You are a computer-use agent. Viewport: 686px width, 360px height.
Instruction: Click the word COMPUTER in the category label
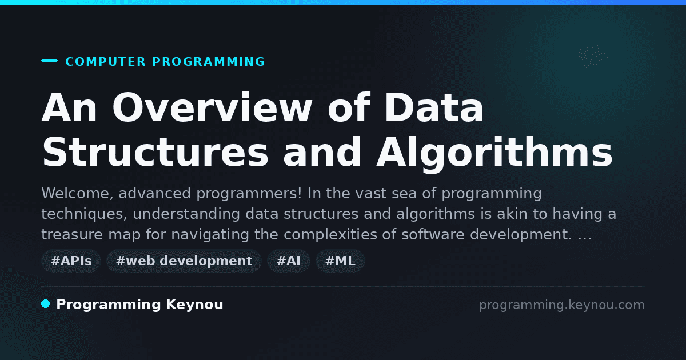(x=105, y=62)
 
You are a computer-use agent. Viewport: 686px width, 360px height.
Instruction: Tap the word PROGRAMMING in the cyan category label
(x=208, y=62)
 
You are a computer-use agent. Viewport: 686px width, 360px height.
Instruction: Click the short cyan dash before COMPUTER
(x=49, y=61)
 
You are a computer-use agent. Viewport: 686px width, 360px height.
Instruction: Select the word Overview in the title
(x=212, y=108)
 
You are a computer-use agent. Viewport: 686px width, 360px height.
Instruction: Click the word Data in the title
(x=434, y=108)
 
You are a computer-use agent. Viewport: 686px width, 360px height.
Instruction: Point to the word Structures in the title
(x=155, y=152)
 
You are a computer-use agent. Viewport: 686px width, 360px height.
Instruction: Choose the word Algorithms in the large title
(x=494, y=153)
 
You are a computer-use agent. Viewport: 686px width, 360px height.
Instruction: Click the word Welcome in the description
(x=78, y=194)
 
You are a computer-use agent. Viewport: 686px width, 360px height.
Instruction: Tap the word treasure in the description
(x=72, y=235)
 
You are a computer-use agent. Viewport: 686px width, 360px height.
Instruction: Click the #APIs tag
(x=71, y=261)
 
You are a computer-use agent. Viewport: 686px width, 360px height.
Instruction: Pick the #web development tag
(x=184, y=261)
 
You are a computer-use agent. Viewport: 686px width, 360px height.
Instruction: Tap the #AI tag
(x=289, y=261)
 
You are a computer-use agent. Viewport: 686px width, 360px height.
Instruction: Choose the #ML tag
(x=340, y=261)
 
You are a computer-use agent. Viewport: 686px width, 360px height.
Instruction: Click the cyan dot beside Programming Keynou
(x=45, y=304)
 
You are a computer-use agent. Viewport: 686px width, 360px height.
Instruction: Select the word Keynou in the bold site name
(x=194, y=305)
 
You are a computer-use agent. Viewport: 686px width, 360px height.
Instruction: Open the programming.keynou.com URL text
(x=562, y=305)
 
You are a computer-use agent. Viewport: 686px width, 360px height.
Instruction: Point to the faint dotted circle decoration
(x=591, y=57)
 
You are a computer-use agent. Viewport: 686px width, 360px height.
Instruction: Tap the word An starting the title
(x=69, y=108)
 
